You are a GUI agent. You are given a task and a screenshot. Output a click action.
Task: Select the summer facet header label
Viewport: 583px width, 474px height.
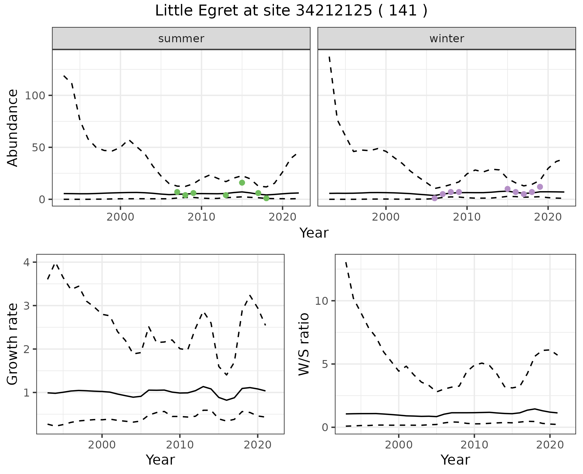181,39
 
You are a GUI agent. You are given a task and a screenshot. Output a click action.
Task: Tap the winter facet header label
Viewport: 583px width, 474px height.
447,39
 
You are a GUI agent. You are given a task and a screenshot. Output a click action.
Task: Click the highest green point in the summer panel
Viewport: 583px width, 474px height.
242,183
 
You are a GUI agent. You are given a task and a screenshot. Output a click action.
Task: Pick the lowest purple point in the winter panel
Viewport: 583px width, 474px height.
435,198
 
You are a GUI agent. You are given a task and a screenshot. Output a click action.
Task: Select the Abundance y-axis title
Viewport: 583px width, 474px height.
13,128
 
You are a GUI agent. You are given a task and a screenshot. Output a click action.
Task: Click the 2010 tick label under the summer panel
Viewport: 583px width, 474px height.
201,217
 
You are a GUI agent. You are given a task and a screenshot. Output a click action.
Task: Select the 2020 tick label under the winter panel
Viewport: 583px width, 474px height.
548,217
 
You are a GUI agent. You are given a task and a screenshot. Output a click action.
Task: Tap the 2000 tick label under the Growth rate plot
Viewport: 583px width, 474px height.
102,445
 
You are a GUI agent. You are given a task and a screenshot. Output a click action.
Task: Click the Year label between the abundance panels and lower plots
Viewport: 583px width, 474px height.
314,233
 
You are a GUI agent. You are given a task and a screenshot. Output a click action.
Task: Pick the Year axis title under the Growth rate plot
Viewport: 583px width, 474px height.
160,460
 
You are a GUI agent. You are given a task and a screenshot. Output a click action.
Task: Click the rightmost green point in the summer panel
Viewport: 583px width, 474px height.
266,198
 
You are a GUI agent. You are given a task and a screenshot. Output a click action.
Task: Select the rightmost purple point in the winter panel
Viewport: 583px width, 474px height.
540,187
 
